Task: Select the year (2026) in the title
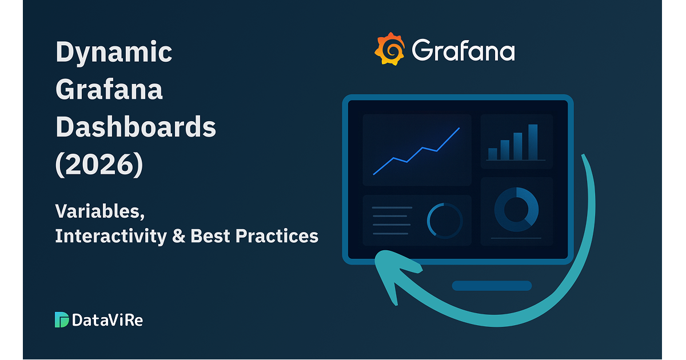coord(99,165)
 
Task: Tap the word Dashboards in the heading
coord(135,126)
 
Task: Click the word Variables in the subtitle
coord(100,212)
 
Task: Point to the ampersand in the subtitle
coord(179,236)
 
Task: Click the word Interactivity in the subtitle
coord(111,237)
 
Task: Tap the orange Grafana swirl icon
coord(389,49)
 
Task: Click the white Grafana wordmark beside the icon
coord(464,50)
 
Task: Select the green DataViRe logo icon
coord(62,319)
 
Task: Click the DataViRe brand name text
coord(107,320)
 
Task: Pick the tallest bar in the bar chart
coord(533,142)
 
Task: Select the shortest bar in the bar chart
coord(492,154)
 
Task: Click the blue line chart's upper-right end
coord(460,128)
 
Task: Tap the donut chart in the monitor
coord(516,209)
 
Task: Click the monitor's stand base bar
coord(492,286)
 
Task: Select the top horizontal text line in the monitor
coord(392,207)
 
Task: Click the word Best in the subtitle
coord(210,236)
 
